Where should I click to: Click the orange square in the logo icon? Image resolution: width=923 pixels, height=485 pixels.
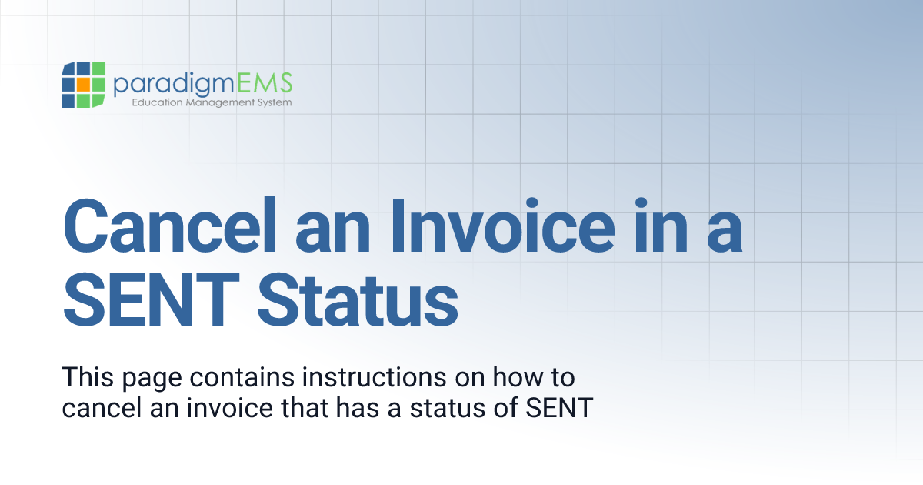point(84,84)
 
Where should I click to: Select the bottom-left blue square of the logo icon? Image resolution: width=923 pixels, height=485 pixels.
point(68,100)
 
